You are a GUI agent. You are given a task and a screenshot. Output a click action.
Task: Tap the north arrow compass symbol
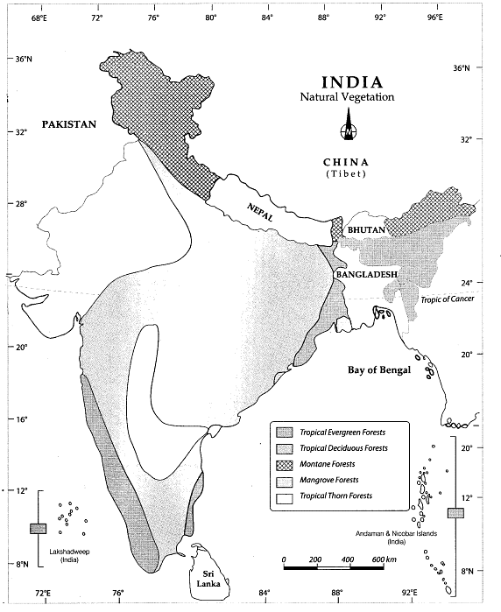347,132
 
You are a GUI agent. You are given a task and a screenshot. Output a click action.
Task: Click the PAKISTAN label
84,125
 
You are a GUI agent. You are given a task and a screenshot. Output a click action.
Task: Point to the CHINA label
345,163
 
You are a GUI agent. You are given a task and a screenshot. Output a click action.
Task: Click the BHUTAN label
366,229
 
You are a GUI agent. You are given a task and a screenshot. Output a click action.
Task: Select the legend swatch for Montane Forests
283,464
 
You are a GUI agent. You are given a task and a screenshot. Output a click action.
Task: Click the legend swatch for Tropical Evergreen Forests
283,433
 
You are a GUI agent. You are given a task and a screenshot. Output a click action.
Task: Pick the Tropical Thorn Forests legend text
336,496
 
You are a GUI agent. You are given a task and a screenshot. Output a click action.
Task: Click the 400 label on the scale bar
347,559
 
